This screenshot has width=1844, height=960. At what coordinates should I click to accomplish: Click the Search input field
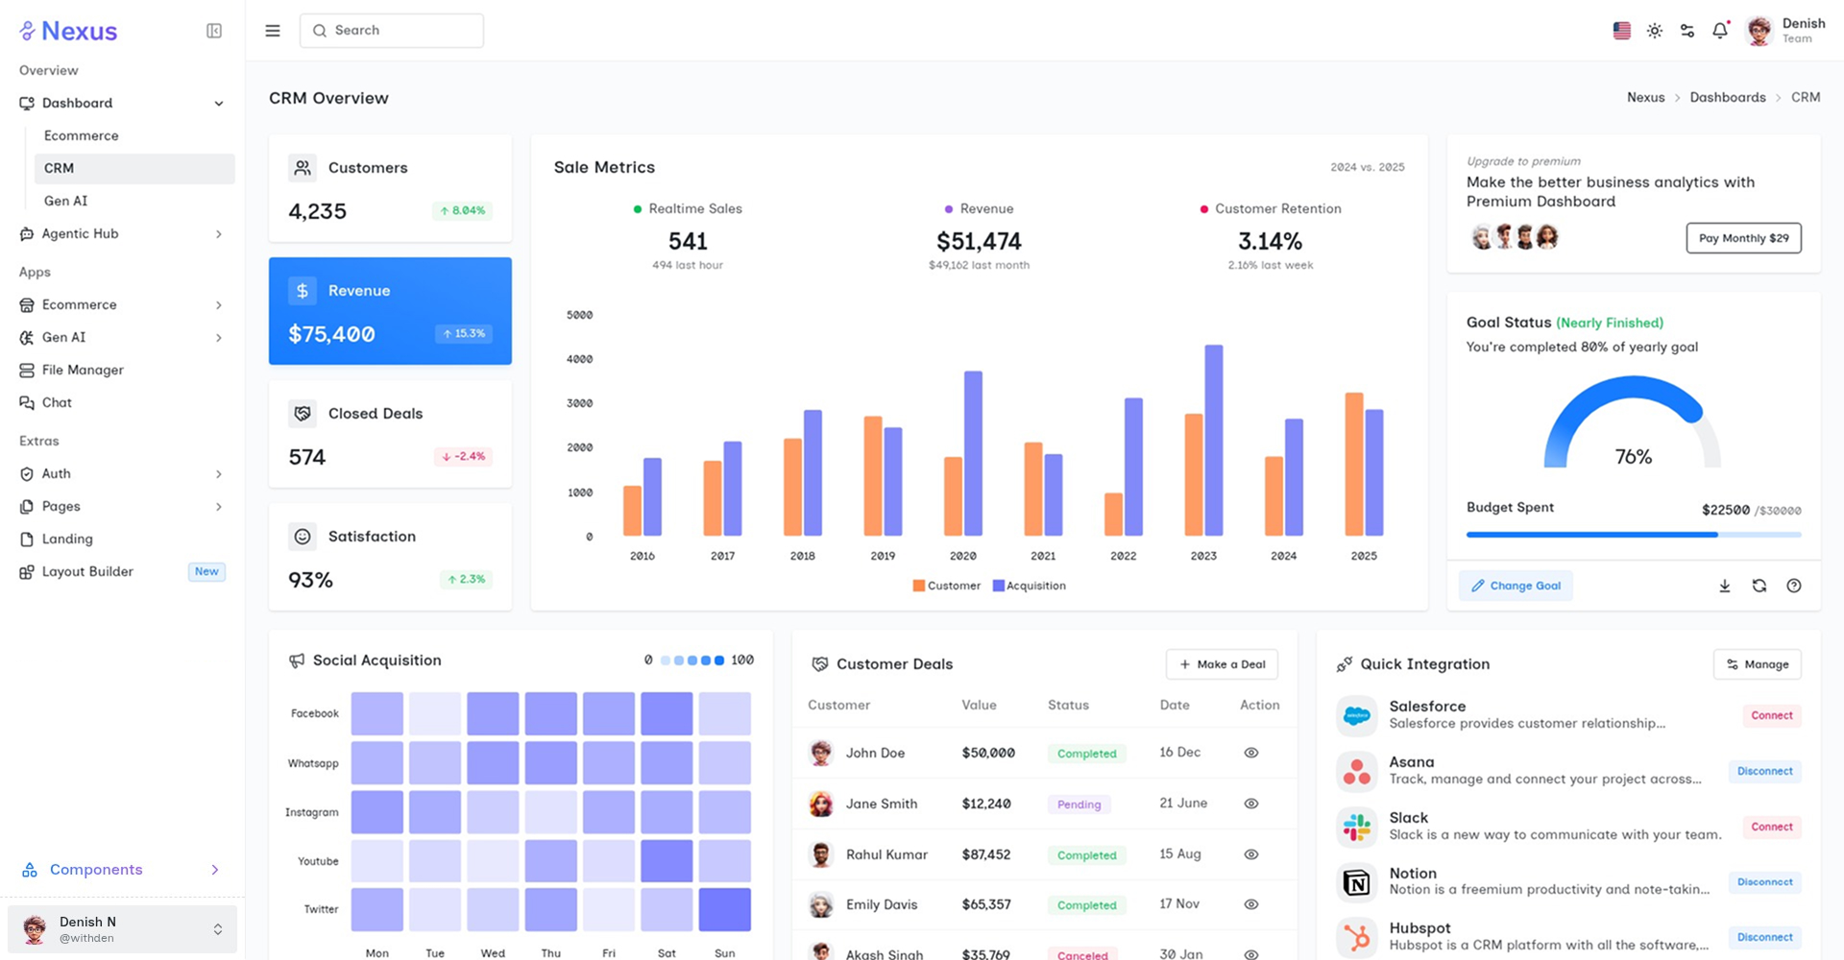392,31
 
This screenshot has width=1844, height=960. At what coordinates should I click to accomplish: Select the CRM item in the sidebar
134,168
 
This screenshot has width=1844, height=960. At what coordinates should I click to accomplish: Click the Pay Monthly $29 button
1743,238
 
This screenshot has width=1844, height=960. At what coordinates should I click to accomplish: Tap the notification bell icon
1720,31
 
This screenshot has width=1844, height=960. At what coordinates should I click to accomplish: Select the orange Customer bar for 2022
1113,515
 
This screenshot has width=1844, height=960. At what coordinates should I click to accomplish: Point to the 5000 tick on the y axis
580,315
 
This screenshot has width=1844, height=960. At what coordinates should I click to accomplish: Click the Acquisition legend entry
1030,586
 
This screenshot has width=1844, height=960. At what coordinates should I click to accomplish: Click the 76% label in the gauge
1633,457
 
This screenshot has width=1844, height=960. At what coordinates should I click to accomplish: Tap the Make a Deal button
1222,664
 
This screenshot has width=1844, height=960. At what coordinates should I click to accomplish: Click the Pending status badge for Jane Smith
1079,804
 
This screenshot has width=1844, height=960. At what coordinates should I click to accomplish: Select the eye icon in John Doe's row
1250,753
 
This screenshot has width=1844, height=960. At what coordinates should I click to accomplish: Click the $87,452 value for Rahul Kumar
986,854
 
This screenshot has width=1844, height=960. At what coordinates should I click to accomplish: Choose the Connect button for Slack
1771,827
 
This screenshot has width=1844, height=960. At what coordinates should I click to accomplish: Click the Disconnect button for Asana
1764,771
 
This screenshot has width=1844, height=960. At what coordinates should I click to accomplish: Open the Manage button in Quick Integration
1757,664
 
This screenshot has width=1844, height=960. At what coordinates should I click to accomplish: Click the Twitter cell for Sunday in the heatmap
724,909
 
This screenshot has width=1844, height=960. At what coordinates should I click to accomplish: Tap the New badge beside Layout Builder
206,571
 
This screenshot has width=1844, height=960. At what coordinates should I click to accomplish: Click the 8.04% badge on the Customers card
462,210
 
